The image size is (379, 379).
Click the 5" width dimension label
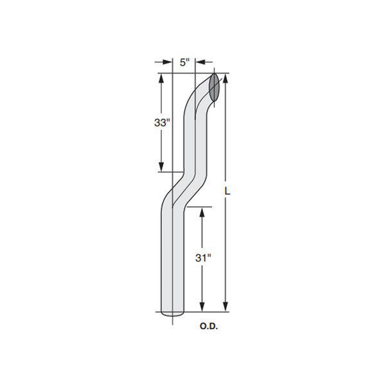point(184,62)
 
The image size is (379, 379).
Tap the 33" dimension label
point(161,123)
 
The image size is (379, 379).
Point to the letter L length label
point(227,191)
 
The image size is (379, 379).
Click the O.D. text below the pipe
point(209,326)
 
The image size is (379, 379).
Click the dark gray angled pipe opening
point(214,87)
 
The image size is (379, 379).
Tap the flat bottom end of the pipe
point(173,313)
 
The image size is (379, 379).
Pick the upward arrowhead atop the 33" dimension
point(161,78)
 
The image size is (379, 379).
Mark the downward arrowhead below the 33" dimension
point(161,167)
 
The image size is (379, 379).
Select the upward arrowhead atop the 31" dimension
point(202,212)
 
